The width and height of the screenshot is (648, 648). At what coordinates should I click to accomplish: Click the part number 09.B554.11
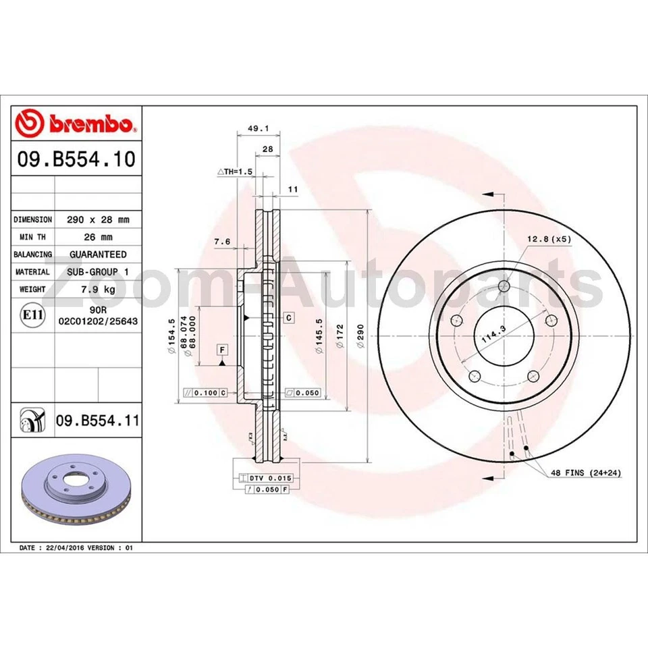point(97,421)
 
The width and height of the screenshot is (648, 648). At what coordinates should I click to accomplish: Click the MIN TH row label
point(32,237)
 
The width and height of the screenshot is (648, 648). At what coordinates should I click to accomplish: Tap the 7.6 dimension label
point(222,241)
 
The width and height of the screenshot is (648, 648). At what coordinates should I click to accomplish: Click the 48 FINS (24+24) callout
point(585,473)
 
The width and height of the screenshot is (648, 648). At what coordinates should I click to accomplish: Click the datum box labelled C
point(288,317)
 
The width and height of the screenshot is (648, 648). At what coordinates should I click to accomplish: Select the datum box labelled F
point(221,349)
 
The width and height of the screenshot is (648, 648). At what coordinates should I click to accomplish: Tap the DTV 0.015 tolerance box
point(265,478)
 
